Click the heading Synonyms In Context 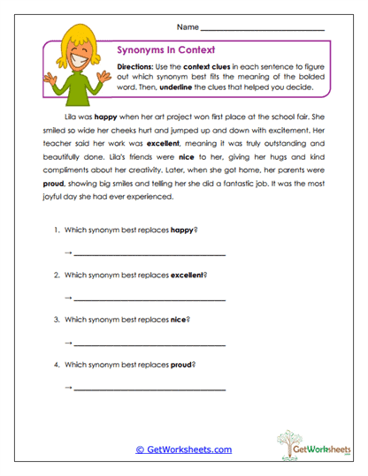tap(165, 50)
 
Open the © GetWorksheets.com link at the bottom tap(184, 450)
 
